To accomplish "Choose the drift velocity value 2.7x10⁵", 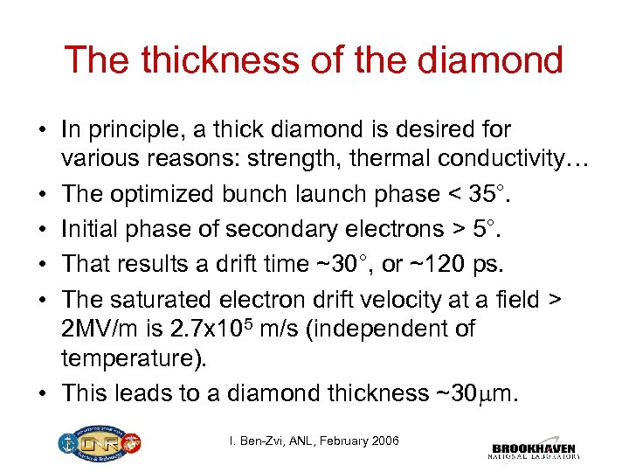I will coord(183,328).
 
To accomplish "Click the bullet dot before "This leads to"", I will coord(43,394).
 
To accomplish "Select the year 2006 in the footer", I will coord(382,441).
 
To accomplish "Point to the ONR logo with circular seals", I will coord(95,444).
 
